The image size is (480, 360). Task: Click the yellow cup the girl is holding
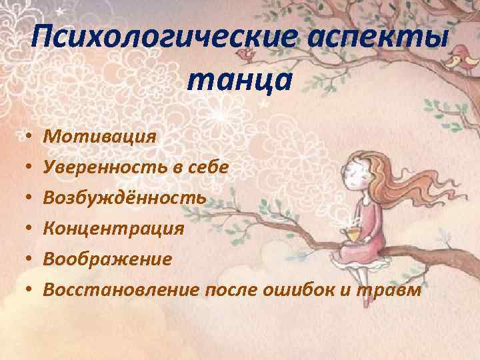click(351, 234)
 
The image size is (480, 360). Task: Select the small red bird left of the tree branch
click(248, 53)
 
